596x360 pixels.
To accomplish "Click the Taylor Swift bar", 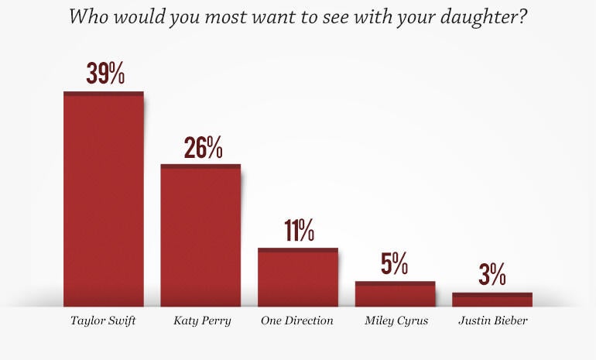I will click(x=103, y=199).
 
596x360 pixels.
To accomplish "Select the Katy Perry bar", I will click(x=200, y=235).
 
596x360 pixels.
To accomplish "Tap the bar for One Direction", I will click(x=298, y=277).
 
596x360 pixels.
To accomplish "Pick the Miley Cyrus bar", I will click(x=395, y=294).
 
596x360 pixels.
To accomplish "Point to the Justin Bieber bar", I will click(x=492, y=300).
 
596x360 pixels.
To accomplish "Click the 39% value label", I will click(x=105, y=74).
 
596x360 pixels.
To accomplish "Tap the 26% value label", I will click(x=203, y=148).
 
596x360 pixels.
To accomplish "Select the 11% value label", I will click(x=299, y=231).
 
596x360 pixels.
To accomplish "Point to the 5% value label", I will click(x=395, y=265).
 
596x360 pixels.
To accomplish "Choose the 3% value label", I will click(x=492, y=275).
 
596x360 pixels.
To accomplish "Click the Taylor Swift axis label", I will click(x=103, y=321).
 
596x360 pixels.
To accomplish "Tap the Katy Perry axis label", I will click(x=201, y=321).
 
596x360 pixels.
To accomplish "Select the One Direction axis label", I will click(x=298, y=321).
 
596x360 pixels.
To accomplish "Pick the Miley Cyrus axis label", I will click(x=396, y=321).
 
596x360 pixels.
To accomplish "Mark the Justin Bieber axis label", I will click(x=492, y=321).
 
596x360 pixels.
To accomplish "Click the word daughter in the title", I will click(x=481, y=17).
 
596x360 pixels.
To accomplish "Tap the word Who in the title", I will click(x=87, y=16).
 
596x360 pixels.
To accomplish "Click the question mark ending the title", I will click(x=523, y=16).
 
